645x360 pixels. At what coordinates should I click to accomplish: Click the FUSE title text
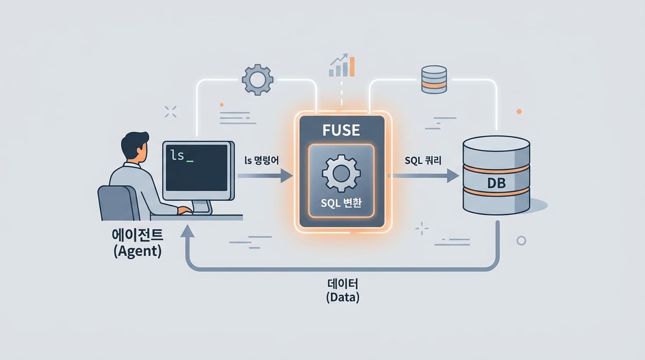341,130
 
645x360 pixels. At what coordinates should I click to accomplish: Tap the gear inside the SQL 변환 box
341,173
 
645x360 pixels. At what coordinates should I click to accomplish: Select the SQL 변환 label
341,204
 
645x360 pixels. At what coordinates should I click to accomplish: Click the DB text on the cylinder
496,183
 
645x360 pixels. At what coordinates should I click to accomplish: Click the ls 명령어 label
262,160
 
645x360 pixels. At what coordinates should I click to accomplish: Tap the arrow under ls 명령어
265,176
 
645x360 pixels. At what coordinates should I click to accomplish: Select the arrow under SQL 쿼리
425,176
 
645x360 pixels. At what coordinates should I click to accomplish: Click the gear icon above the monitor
257,80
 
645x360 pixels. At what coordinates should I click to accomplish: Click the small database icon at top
434,79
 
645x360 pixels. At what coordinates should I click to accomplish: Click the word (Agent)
137,251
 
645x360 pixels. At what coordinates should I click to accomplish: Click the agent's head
135,146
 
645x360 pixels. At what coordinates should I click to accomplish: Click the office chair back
115,202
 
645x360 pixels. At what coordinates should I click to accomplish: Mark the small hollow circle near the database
521,240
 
